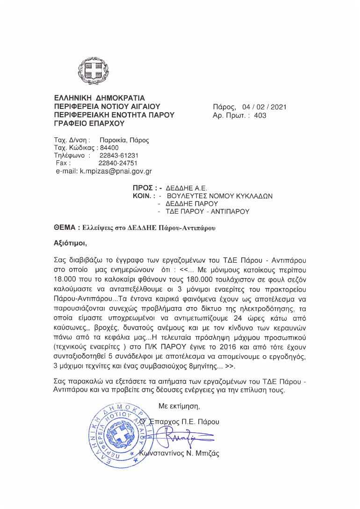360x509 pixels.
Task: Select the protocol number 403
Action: pyautogui.click(x=260, y=115)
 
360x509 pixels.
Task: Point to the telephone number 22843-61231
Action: pyautogui.click(x=119, y=156)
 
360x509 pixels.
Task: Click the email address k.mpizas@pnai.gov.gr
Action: pyautogui.click(x=116, y=172)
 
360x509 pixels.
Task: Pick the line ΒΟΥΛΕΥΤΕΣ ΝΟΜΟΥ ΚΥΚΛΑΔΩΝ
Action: pyautogui.click(x=219, y=196)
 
